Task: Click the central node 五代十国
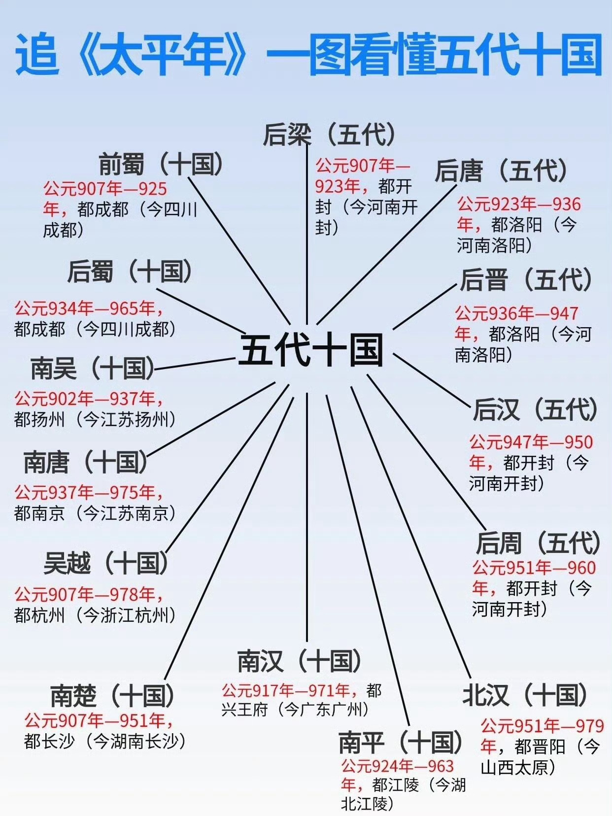pyautogui.click(x=311, y=350)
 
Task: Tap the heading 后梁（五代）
pyautogui.click(x=329, y=134)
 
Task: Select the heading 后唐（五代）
pyautogui.click(x=501, y=171)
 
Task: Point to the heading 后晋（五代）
pyautogui.click(x=526, y=280)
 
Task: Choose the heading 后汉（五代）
pyautogui.click(x=535, y=409)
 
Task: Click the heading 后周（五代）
pyautogui.click(x=538, y=543)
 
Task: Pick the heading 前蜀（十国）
pyautogui.click(x=161, y=164)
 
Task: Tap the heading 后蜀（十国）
pyautogui.click(x=130, y=272)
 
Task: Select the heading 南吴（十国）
pyautogui.click(x=93, y=368)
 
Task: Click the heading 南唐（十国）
pyautogui.click(x=86, y=462)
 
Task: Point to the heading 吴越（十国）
pyautogui.click(x=106, y=563)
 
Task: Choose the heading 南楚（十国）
pyautogui.click(x=112, y=695)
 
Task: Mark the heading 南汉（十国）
pyautogui.click(x=299, y=661)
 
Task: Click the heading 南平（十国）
pyautogui.click(x=401, y=742)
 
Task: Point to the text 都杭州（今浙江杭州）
pyautogui.click(x=95, y=615)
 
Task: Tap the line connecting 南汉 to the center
pyautogui.click(x=307, y=517)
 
